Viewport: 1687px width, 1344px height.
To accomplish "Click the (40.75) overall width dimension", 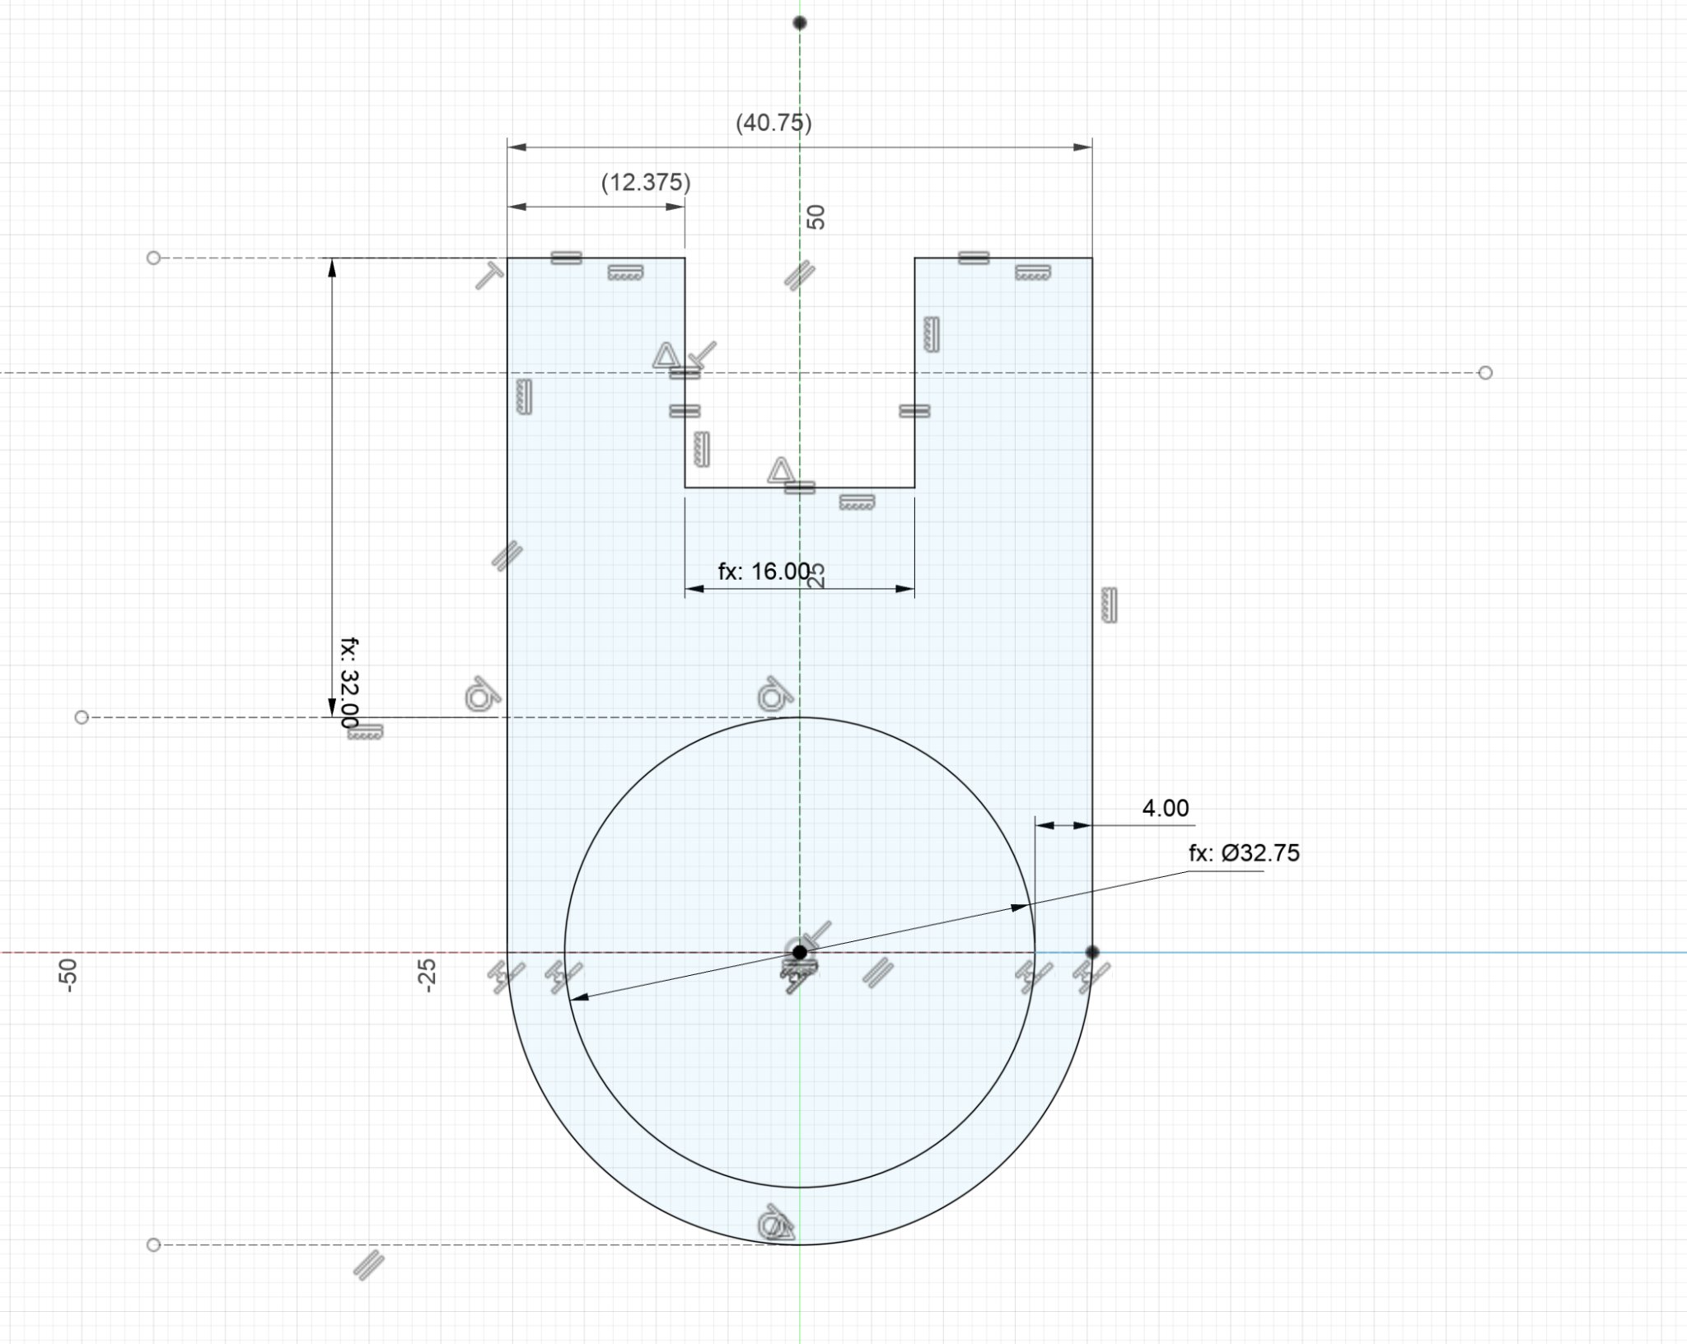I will (773, 124).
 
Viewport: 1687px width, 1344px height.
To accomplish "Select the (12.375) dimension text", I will (646, 182).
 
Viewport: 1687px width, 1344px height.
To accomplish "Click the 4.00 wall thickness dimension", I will (1165, 808).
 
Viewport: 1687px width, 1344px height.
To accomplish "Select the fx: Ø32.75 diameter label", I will (1244, 853).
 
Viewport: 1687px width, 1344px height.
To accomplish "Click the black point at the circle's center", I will (799, 952).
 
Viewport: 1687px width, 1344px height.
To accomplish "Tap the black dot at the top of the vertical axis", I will (799, 22).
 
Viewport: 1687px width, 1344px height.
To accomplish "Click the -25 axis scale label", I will (426, 975).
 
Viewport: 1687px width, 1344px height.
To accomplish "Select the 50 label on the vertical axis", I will (815, 217).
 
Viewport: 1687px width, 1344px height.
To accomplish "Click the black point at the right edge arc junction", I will (1092, 952).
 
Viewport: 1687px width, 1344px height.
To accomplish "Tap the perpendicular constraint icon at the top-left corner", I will (489, 276).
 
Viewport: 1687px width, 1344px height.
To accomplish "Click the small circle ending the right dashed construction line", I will (1485, 373).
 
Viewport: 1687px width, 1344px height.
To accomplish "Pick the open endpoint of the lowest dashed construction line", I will (153, 1244).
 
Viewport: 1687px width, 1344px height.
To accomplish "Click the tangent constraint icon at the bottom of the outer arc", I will (776, 1225).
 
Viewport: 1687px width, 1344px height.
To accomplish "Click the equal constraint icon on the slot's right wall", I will (914, 411).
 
